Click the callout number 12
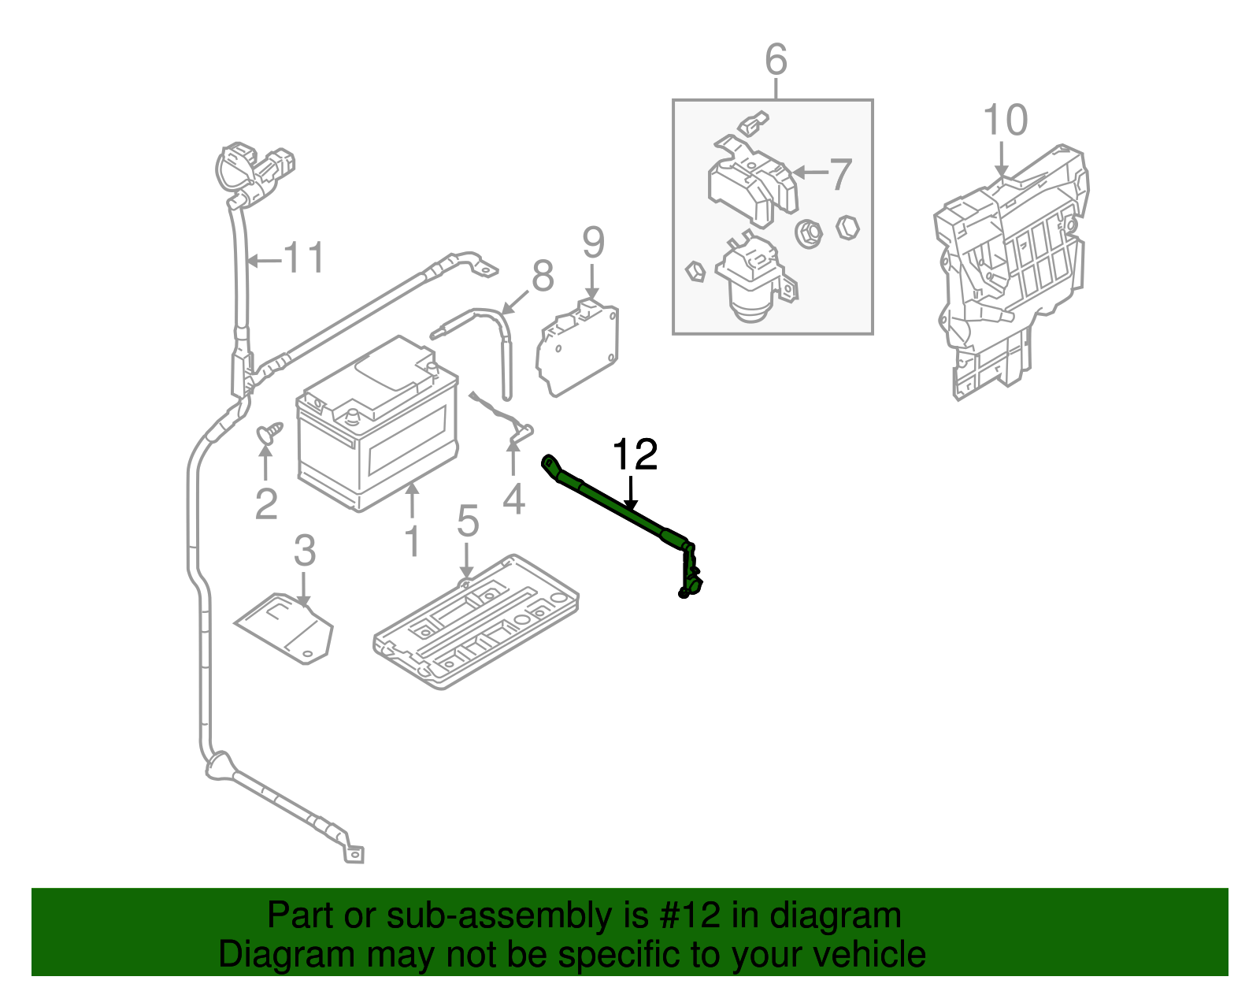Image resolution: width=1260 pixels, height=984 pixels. pyautogui.click(x=634, y=455)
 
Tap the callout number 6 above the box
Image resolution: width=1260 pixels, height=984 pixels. pyautogui.click(x=776, y=60)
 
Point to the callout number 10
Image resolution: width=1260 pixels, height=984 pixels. pyautogui.click(x=1005, y=121)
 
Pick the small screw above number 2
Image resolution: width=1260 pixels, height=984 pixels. pyautogui.click(x=269, y=433)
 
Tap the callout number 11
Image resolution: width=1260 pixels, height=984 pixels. pyautogui.click(x=303, y=258)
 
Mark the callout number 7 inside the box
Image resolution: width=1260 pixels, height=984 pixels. pyautogui.click(x=841, y=173)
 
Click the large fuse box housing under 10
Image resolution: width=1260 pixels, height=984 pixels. pyautogui.click(x=1012, y=268)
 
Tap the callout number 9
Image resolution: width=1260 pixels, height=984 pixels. pyautogui.click(x=593, y=243)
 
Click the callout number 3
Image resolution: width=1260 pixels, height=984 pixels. pyautogui.click(x=304, y=551)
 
